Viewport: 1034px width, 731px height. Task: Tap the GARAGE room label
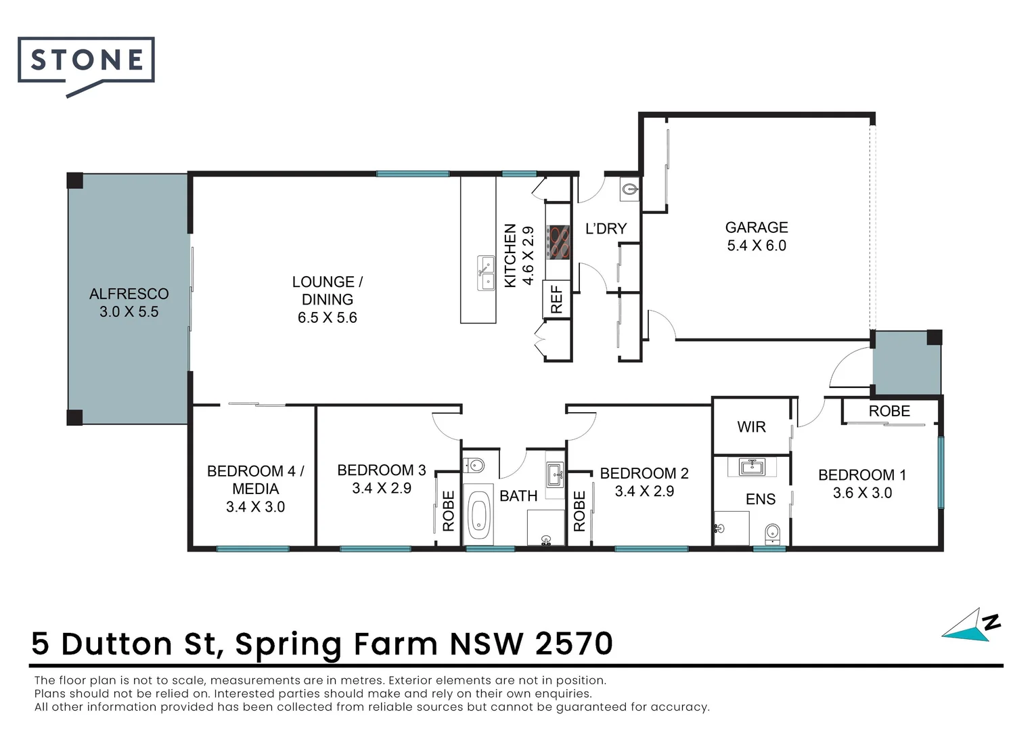(757, 227)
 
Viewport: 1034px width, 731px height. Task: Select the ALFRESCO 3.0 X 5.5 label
(129, 303)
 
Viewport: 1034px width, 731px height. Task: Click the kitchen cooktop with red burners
(559, 242)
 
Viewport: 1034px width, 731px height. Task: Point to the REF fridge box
(556, 299)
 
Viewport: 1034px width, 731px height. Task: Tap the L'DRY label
(606, 229)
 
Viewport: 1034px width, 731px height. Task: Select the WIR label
(751, 427)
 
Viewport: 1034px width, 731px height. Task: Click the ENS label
(760, 500)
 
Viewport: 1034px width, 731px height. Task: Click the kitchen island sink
(486, 273)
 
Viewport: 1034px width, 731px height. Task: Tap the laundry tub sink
(629, 190)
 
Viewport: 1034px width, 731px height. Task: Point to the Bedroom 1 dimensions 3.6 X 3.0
(862, 493)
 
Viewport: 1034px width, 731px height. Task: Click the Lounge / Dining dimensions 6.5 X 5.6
(327, 317)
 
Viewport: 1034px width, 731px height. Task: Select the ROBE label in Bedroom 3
(448, 510)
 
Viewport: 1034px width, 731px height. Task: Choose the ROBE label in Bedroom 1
(889, 411)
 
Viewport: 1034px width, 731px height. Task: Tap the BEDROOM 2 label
(644, 473)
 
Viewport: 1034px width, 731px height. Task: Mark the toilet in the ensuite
(772, 533)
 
